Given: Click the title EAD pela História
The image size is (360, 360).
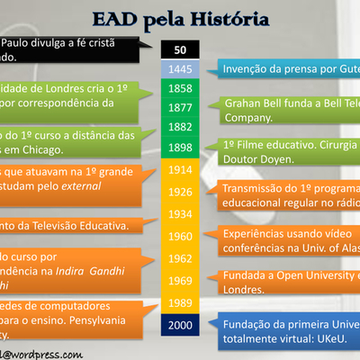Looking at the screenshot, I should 180,18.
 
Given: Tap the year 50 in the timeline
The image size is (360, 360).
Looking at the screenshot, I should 181,50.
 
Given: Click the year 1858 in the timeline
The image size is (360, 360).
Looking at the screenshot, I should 181,88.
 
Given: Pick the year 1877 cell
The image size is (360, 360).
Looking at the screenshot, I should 181,107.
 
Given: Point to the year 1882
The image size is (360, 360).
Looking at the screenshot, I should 181,127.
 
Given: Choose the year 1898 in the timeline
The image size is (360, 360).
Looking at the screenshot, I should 181,147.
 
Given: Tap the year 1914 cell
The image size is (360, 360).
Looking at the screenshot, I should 181,169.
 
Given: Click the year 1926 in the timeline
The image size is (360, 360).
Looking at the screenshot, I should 181,192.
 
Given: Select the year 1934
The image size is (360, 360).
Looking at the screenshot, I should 181,213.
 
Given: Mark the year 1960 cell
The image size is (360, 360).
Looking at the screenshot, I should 181,236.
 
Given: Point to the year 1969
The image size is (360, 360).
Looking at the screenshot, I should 181,280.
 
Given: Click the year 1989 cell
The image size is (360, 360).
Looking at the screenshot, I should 181,301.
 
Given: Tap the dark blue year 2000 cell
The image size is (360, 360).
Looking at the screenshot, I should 181,324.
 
